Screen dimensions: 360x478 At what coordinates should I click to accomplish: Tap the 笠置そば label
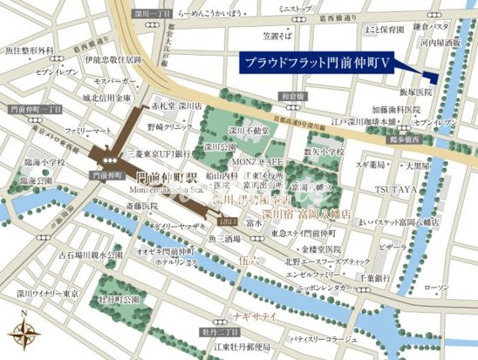279,36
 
